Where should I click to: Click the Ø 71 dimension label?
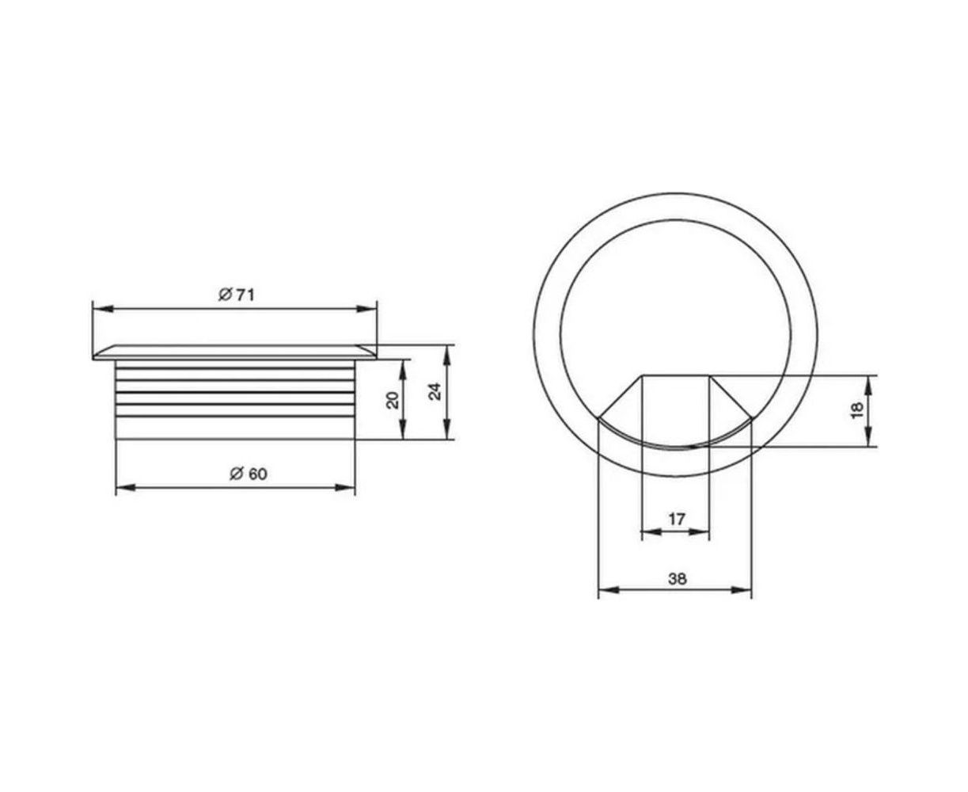coord(236,295)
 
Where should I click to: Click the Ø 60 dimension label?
coord(249,474)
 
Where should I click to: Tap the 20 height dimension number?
coord(393,400)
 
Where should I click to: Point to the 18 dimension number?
coord(857,409)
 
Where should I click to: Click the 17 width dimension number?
coord(677,519)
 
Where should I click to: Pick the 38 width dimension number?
coord(678,579)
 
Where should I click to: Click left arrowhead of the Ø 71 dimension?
coord(103,309)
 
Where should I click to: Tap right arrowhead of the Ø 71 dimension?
coord(366,309)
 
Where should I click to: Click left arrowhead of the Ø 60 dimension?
coord(126,487)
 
